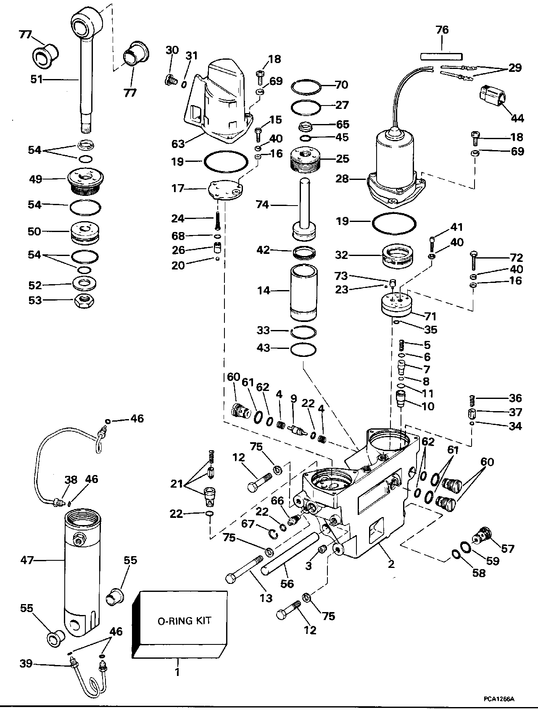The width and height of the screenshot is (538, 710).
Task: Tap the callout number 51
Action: [x=37, y=79]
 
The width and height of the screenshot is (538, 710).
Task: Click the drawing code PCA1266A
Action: [x=498, y=699]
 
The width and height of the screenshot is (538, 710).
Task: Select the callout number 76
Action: [x=442, y=30]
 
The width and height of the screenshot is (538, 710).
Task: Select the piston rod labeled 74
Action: [x=304, y=206]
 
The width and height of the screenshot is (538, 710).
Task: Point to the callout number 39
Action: [x=26, y=664]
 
